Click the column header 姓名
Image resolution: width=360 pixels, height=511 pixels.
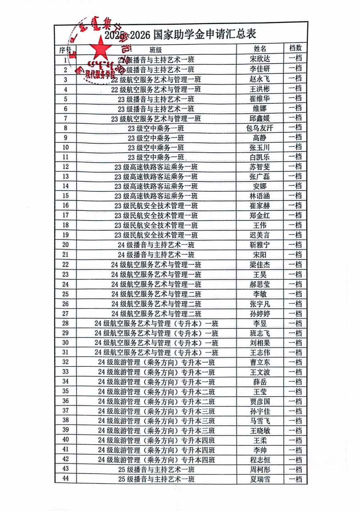pos(261,49)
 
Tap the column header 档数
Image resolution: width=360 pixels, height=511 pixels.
pos(295,49)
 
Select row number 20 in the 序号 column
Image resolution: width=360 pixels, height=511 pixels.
pos(66,245)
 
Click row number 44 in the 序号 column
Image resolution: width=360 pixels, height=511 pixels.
pos(66,479)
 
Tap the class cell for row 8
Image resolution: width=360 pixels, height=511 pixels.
pos(156,128)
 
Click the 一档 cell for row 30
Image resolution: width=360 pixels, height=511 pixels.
pos(295,343)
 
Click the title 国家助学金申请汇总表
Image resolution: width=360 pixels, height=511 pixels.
pos(204,34)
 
